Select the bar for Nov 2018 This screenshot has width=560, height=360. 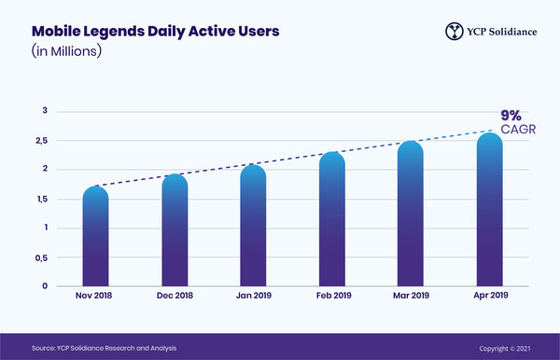(x=96, y=237)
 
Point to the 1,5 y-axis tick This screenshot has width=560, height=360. (x=43, y=199)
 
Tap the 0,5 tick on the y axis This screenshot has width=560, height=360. (x=43, y=257)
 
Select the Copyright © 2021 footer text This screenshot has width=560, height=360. (x=505, y=347)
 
